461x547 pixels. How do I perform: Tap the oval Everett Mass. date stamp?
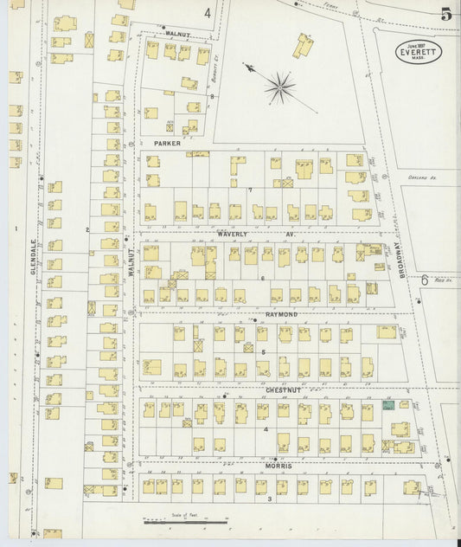[x=419, y=50]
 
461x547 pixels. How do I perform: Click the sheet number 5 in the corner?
[x=445, y=14]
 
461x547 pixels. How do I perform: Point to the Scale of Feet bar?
[x=185, y=522]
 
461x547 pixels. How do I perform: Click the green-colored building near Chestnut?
[x=389, y=405]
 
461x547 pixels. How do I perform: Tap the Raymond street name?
[x=281, y=314]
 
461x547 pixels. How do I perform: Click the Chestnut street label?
[x=282, y=391]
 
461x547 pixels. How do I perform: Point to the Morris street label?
[x=279, y=467]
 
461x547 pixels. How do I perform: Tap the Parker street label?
[x=167, y=142]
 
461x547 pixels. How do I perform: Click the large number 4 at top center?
[x=208, y=13]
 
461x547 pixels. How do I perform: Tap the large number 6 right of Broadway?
[x=425, y=280]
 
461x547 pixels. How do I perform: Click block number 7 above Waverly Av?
[x=250, y=190]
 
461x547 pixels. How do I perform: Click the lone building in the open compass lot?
[x=304, y=45]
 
